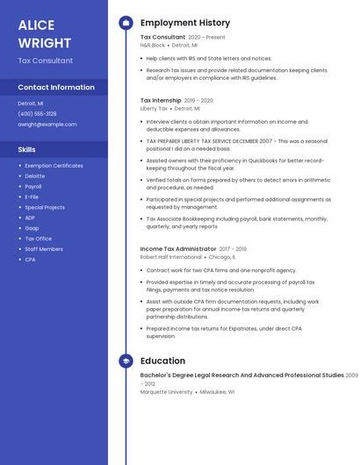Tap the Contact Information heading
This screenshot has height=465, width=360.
56,88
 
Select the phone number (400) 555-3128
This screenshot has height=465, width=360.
37,114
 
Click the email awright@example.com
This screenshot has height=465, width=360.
47,125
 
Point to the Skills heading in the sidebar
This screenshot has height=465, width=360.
27,150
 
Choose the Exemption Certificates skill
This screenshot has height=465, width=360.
54,166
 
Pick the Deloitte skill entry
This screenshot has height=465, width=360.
35,176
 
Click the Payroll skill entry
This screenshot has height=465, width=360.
33,187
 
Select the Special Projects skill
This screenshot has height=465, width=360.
45,208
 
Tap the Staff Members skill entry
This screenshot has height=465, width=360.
44,249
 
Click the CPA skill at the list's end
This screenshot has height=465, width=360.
30,260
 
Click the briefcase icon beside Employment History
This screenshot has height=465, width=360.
126,23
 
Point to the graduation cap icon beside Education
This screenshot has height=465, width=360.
126,361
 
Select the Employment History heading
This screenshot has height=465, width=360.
184,23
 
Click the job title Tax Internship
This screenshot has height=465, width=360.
161,101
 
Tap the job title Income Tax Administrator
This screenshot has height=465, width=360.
178,249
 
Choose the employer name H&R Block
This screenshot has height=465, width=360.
153,46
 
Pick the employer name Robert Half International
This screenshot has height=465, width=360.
170,258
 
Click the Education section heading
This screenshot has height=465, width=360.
162,361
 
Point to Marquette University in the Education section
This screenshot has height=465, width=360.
166,392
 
